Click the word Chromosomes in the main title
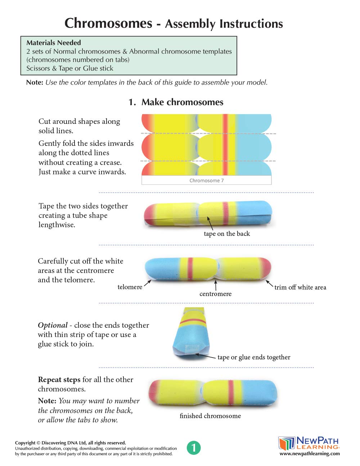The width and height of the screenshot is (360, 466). tap(108, 23)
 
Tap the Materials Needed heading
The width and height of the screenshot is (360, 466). tap(54, 42)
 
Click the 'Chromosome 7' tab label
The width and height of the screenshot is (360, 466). tap(206, 180)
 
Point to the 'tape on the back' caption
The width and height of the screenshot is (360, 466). tap(226, 234)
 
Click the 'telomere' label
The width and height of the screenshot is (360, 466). tap(130, 287)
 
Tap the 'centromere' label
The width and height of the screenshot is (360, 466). tap(215, 294)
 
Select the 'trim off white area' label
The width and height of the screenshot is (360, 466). tap(300, 287)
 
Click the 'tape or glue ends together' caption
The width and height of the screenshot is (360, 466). tap(254, 357)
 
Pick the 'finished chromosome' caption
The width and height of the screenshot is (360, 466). tap(210, 416)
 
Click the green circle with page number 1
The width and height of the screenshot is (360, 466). tap(194, 448)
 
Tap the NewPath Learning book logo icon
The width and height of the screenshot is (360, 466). tap(287, 443)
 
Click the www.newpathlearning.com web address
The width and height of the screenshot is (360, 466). tap(310, 454)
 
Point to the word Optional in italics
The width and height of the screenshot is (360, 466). tap(53, 325)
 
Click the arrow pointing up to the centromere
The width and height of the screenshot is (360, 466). tap(216, 285)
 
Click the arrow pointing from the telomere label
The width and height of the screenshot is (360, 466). tap(147, 283)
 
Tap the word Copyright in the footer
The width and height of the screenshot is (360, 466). tap(25, 443)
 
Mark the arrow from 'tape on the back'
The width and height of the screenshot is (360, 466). tap(210, 224)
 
